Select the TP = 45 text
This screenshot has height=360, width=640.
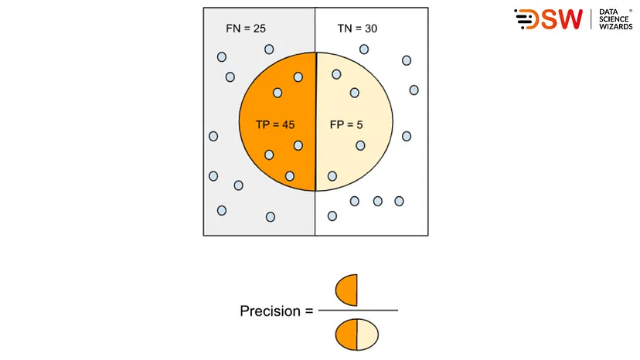point(274,124)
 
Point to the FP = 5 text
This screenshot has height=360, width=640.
point(346,124)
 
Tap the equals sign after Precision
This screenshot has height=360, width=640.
point(309,311)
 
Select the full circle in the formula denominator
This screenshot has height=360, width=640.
point(356,335)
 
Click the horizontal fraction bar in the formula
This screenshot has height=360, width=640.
point(358,310)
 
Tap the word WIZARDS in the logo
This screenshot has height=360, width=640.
point(616,27)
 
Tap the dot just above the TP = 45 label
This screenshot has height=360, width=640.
point(277,93)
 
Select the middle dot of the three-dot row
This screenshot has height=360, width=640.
point(377,201)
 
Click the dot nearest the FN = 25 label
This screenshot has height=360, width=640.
point(269,49)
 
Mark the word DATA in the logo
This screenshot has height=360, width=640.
point(609,12)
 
